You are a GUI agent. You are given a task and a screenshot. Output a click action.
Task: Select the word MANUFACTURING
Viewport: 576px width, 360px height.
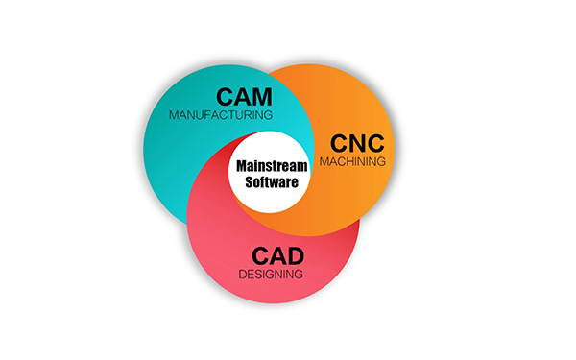pos(220,115)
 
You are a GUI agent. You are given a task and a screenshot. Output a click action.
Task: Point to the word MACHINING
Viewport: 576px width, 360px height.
pos(352,161)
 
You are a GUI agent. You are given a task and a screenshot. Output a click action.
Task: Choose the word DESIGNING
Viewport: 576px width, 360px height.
pos(272,275)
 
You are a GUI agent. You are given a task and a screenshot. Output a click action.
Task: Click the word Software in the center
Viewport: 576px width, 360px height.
pos(269,181)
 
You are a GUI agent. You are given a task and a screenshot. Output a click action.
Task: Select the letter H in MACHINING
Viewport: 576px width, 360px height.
pos(352,161)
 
